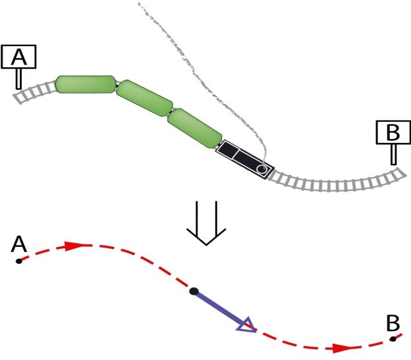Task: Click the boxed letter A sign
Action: tap(18, 57)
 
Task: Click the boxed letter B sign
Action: tap(393, 132)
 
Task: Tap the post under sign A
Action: tap(18, 79)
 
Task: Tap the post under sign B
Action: tap(393, 154)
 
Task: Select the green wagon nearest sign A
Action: tap(86, 84)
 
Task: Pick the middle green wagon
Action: tap(145, 98)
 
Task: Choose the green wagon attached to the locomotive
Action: tap(195, 128)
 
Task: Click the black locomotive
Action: tap(245, 160)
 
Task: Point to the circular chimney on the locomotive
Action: tap(262, 169)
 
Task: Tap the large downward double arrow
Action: tap(206, 223)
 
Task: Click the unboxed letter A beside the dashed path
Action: tap(19, 244)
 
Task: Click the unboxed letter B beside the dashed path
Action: tap(393, 323)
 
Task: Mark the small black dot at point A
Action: tap(18, 261)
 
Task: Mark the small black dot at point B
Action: tap(393, 339)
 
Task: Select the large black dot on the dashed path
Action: tap(194, 291)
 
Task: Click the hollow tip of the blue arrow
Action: tap(247, 325)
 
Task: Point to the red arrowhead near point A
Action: tap(74, 246)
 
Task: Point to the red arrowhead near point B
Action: tap(342, 348)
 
